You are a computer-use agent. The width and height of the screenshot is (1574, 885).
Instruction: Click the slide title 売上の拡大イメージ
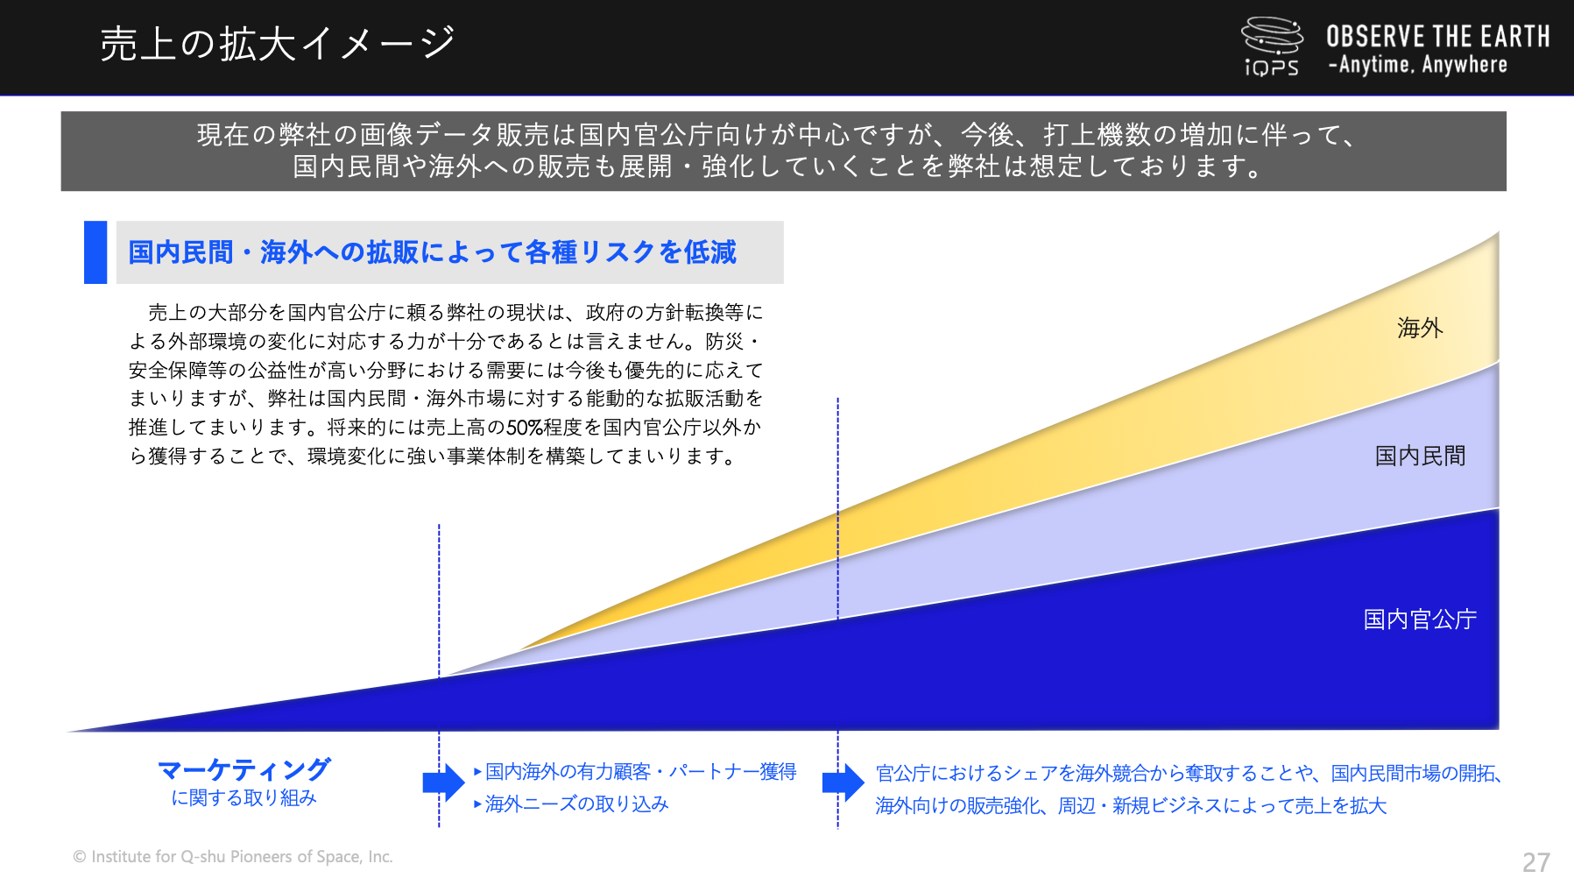pos(278,44)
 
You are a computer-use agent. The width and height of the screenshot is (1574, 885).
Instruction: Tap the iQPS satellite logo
pos(1272,46)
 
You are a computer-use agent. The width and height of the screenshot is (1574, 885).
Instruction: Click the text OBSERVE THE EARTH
pos(1437,36)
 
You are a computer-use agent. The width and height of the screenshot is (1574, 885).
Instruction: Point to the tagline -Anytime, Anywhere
pos(1418,65)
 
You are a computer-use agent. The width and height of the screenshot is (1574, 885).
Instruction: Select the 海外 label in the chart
pos(1420,329)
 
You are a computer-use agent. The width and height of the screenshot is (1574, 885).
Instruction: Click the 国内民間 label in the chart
pos(1420,456)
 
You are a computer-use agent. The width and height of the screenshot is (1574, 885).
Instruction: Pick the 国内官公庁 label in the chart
pos(1420,619)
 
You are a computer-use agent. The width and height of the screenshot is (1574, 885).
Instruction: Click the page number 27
pos(1535,862)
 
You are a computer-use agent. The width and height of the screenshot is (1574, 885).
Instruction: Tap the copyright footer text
pos(233,857)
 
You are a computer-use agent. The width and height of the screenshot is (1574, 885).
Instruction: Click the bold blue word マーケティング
pos(244,769)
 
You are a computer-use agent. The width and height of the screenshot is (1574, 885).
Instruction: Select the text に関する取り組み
pos(244,798)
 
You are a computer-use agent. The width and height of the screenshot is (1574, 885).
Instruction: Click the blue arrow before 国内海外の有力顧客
pos(443,782)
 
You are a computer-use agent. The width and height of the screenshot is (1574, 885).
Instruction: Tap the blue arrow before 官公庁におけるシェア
pos(843,782)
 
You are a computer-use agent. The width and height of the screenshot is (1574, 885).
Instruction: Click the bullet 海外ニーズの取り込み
pos(571,804)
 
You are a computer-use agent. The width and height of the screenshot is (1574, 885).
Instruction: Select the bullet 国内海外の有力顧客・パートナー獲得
pos(635,772)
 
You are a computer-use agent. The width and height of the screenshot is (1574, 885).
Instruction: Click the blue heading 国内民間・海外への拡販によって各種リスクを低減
pos(433,252)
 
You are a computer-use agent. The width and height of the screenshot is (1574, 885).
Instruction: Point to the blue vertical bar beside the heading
pos(95,252)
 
